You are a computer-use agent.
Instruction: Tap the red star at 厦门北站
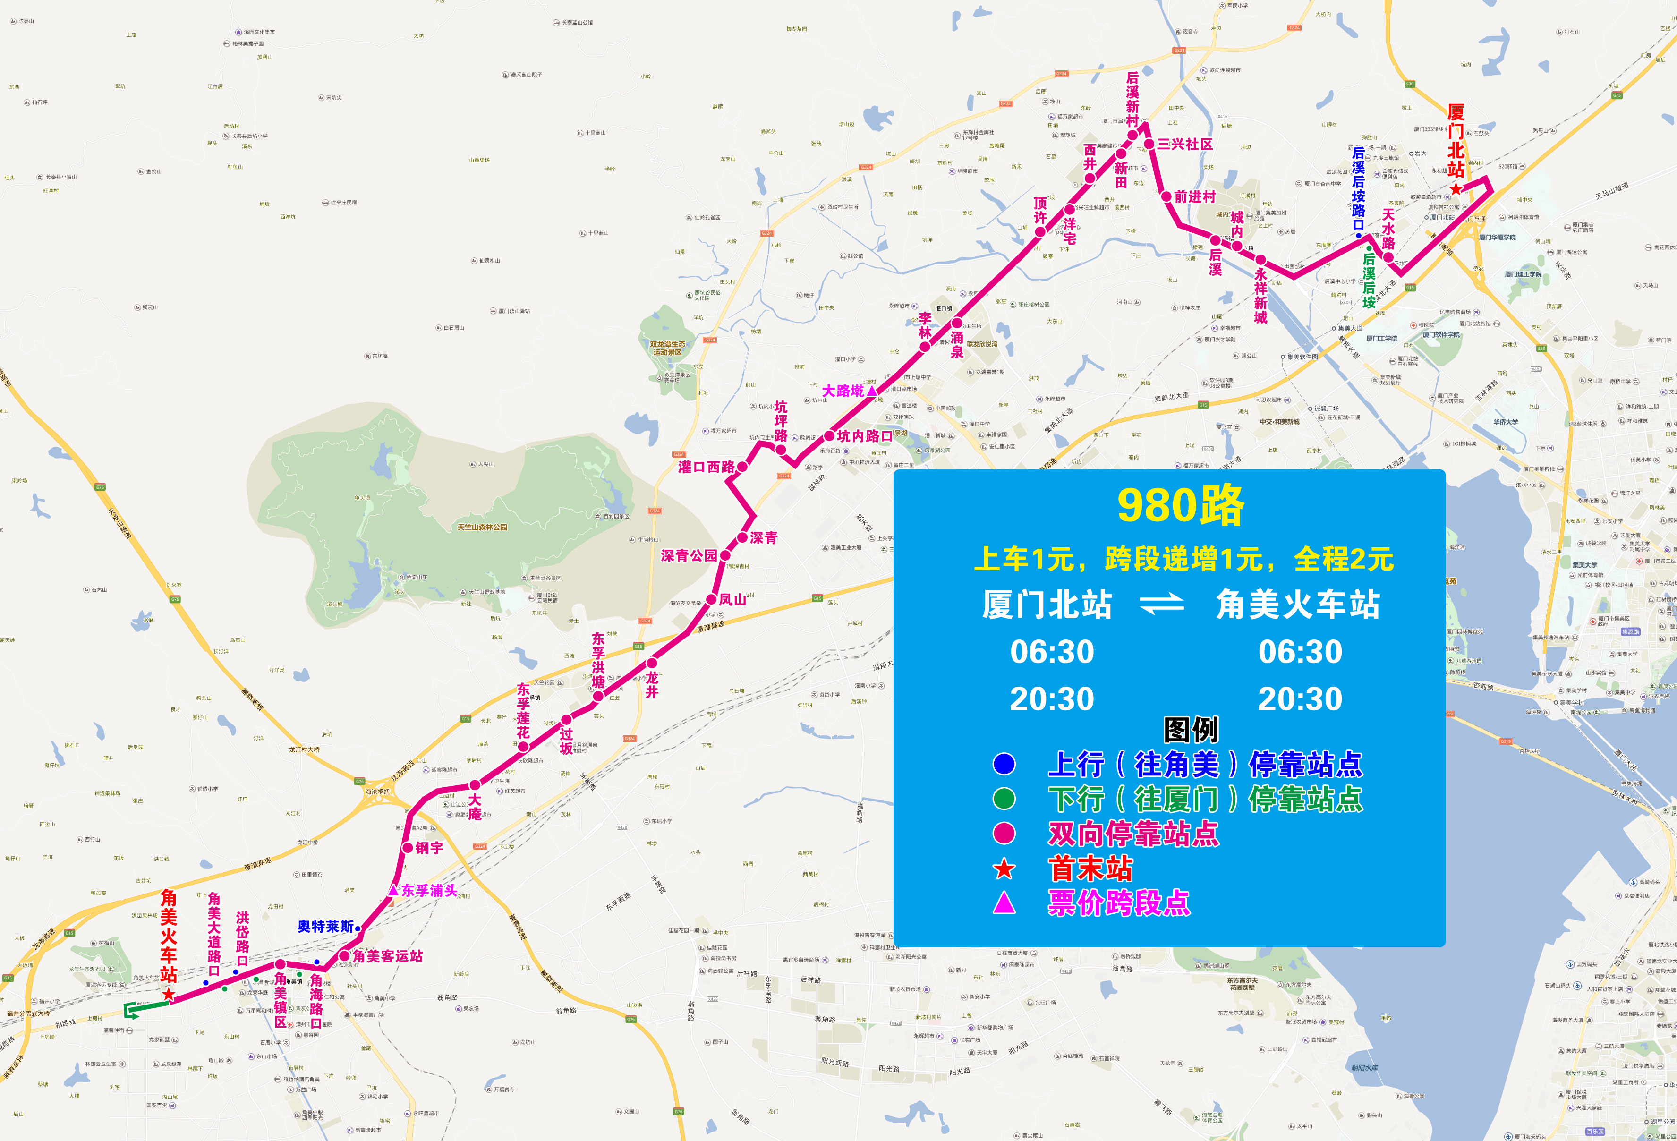pos(1456,189)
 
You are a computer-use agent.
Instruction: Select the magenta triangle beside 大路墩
pos(872,391)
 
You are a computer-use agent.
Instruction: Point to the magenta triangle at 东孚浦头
pos(393,890)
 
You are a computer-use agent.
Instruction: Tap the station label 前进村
pos(1195,196)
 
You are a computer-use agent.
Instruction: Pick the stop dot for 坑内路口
pos(829,436)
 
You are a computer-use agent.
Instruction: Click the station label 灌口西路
pos(707,467)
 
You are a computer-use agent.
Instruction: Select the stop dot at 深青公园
pos(725,555)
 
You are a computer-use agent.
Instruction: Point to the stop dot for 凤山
pos(712,599)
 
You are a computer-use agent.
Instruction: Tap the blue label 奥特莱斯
pos(325,926)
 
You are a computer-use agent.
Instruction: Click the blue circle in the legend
pos(1004,764)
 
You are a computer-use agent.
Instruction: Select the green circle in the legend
pos(1004,798)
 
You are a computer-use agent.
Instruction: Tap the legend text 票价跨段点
pos(1118,903)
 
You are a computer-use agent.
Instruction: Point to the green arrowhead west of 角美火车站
pos(130,1010)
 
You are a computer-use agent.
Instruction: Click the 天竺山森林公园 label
pos(482,528)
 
